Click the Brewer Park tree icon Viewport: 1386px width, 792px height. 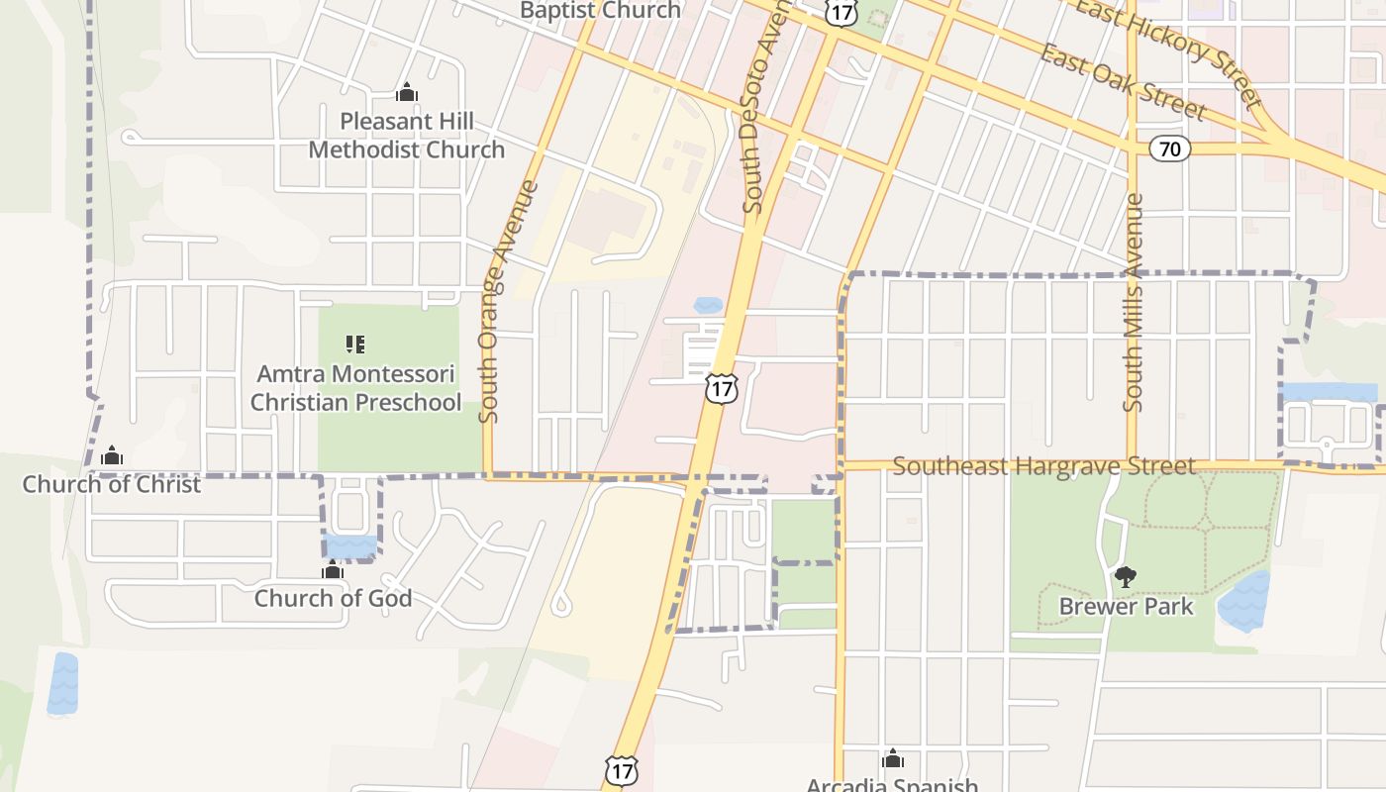[x=1126, y=576]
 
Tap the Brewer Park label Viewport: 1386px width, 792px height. [x=1127, y=606]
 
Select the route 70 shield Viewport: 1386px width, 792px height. [x=1169, y=149]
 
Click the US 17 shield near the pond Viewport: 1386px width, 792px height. [x=722, y=388]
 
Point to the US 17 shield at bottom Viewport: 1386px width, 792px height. [x=621, y=770]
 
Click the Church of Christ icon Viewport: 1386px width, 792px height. [x=112, y=455]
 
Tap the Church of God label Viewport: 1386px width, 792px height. [x=333, y=598]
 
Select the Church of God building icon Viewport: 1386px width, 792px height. [x=333, y=570]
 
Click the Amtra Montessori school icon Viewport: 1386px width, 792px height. [x=355, y=345]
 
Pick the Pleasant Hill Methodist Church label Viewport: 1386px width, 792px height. [x=407, y=136]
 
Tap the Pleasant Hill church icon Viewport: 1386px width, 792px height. [x=407, y=93]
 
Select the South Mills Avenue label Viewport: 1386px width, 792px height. [x=1134, y=302]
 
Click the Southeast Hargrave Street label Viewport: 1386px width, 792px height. [x=1044, y=465]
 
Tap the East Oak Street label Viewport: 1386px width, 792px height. [x=1122, y=81]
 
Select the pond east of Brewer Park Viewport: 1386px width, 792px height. [x=1243, y=601]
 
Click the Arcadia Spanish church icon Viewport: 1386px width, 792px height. [x=892, y=759]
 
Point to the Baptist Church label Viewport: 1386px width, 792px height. [x=601, y=11]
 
